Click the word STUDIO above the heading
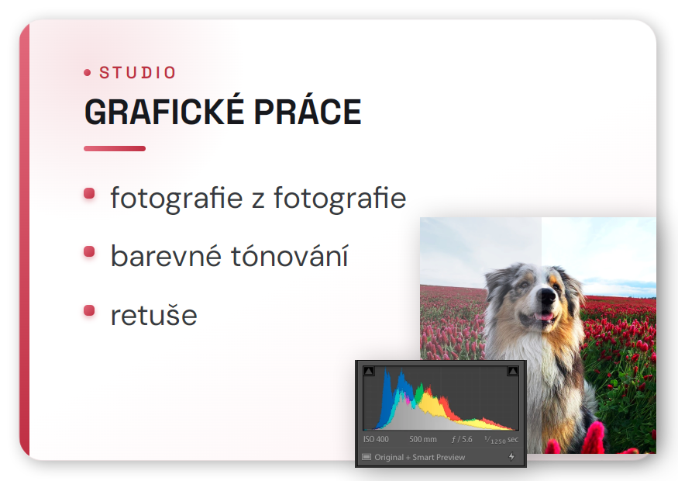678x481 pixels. click(x=137, y=72)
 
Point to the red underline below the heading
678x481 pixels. click(x=115, y=148)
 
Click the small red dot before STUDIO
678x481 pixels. click(x=88, y=73)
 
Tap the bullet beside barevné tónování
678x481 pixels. click(x=89, y=251)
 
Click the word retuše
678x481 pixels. click(x=154, y=315)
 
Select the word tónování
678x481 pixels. click(x=290, y=255)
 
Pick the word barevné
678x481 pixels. click(x=167, y=256)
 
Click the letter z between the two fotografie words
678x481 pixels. click(x=258, y=200)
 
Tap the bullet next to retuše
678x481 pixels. click(x=89, y=310)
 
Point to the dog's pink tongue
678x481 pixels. click(x=544, y=317)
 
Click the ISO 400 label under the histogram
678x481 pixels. click(x=376, y=439)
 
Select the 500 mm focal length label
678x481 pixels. click(x=423, y=439)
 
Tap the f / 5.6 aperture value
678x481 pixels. click(x=462, y=439)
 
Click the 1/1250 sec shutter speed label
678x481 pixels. click(x=501, y=440)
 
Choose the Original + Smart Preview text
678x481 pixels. click(x=419, y=457)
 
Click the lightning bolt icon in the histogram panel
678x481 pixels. click(x=511, y=456)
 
